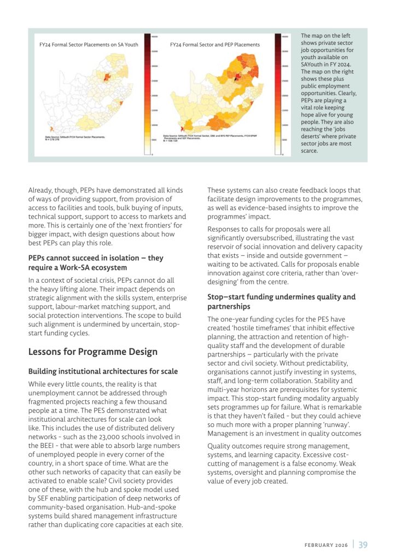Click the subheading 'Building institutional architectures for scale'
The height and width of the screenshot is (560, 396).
103,371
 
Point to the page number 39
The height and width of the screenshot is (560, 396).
363,544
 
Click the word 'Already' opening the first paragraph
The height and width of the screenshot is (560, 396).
40,190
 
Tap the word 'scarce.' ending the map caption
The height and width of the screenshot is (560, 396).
310,150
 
